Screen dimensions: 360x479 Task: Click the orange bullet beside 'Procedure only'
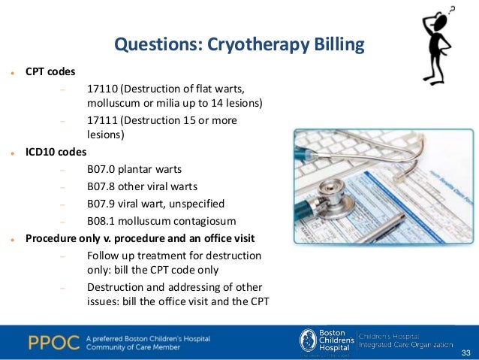(x=14, y=240)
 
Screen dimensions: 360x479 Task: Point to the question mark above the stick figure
(x=451, y=9)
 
